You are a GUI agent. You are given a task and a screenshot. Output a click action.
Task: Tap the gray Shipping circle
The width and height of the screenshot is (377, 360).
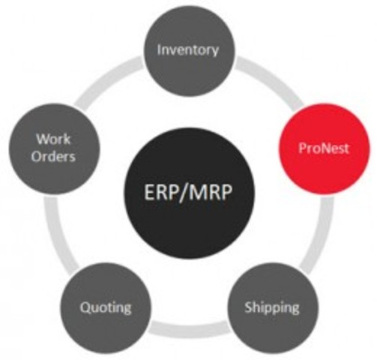click(x=271, y=307)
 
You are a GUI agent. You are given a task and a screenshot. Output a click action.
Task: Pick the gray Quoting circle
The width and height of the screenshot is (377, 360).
click(x=106, y=307)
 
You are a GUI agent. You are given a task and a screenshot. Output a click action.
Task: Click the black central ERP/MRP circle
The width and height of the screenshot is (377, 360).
click(x=188, y=190)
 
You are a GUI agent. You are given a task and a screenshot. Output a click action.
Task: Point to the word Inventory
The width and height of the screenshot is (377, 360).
click(x=188, y=51)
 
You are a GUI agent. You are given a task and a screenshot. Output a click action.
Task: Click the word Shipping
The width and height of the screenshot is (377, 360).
click(x=271, y=307)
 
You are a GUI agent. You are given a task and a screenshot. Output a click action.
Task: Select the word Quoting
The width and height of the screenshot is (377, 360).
click(x=106, y=307)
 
